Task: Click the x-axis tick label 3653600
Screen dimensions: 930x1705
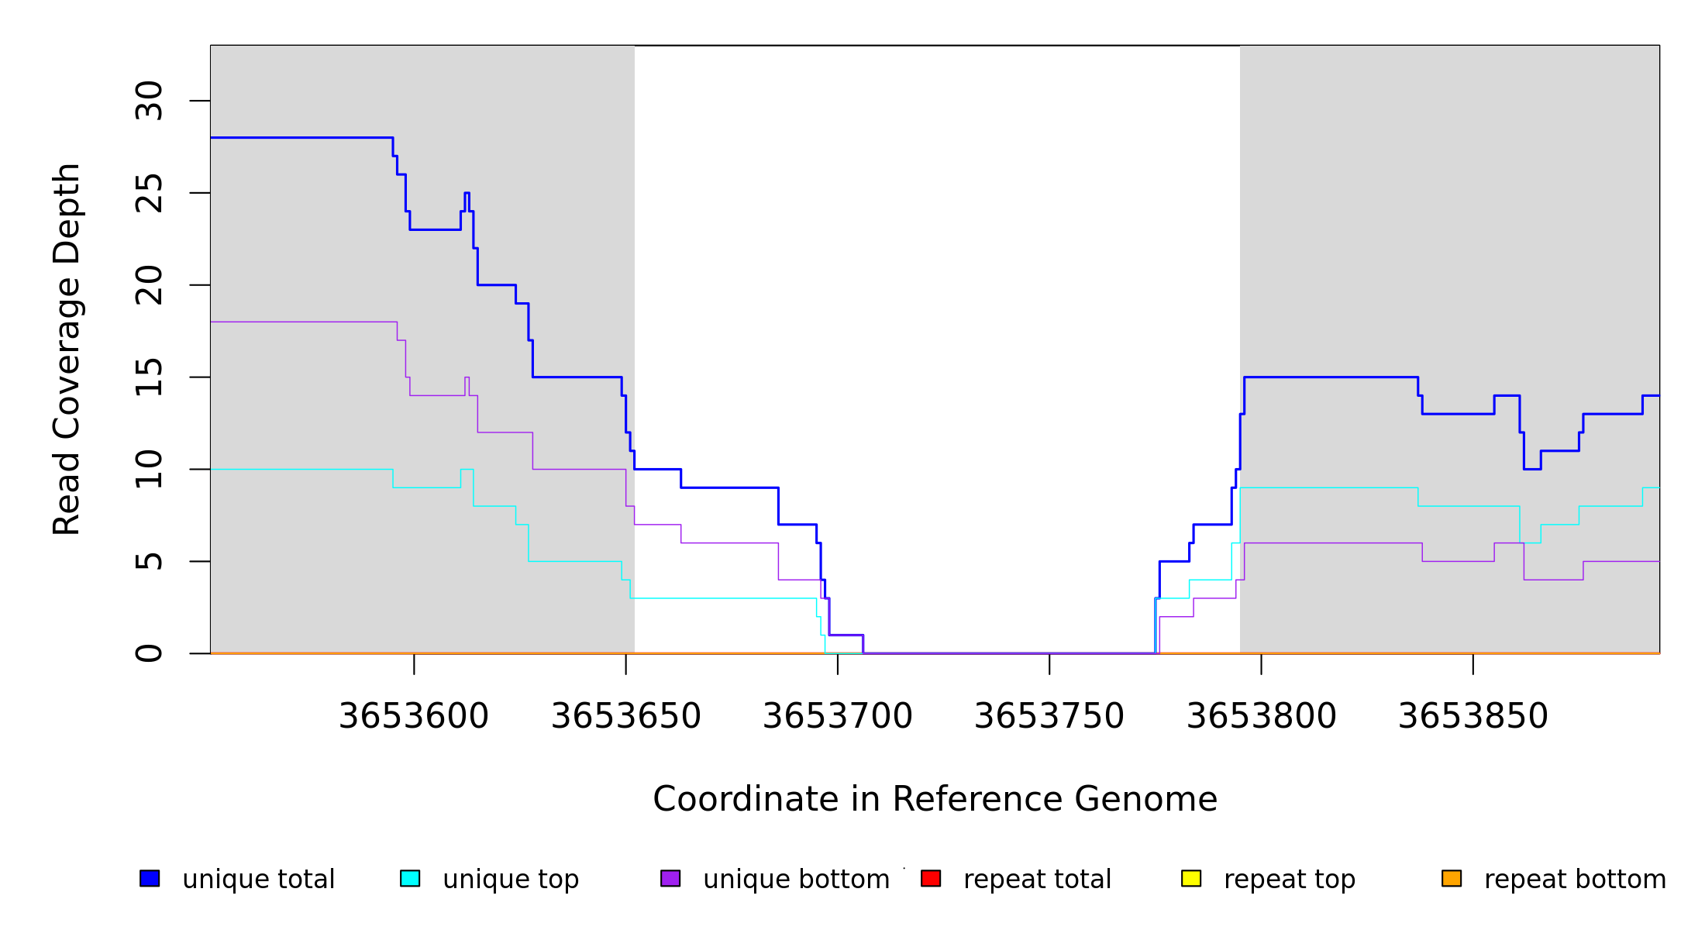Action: tap(414, 716)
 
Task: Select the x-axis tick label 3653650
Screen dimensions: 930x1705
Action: tap(625, 716)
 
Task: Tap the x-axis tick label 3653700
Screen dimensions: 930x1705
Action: tap(838, 716)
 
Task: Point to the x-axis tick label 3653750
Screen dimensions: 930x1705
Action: tap(1049, 716)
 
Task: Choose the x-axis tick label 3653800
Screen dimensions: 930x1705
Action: tap(1261, 716)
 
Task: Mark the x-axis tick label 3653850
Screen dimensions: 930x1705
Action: tap(1472, 716)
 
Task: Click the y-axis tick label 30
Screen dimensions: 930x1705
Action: tap(149, 101)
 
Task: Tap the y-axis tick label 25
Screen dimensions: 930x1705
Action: tap(149, 193)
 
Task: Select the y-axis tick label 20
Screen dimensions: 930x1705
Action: tap(149, 285)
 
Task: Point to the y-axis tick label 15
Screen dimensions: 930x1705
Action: tap(149, 377)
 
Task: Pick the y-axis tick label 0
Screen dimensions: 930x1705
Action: tap(149, 653)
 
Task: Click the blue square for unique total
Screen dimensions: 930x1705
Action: tap(150, 878)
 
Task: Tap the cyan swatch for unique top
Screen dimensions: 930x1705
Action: tap(410, 878)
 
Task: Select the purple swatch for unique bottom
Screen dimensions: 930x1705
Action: tap(670, 878)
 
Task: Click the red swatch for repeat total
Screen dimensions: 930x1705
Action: tap(931, 878)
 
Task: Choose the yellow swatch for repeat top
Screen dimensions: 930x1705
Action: tap(1191, 878)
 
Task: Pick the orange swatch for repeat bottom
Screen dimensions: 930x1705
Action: tap(1452, 878)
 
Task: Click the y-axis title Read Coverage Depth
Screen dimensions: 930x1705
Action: tap(67, 349)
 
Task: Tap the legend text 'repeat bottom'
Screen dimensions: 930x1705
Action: tap(1575, 880)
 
